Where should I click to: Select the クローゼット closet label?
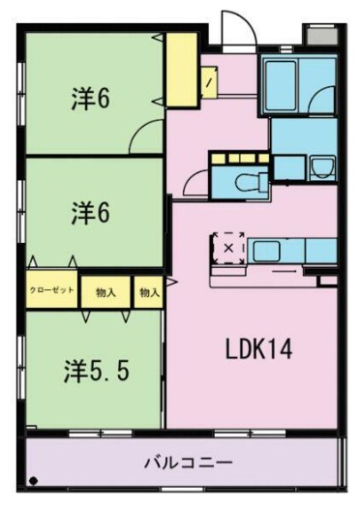50,290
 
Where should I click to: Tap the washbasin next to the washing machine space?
322,167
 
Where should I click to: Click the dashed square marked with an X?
228,248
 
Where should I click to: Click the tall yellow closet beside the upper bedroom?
179,69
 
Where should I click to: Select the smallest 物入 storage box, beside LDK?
149,291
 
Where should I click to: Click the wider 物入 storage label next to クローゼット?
105,291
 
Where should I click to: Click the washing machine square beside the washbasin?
290,164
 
